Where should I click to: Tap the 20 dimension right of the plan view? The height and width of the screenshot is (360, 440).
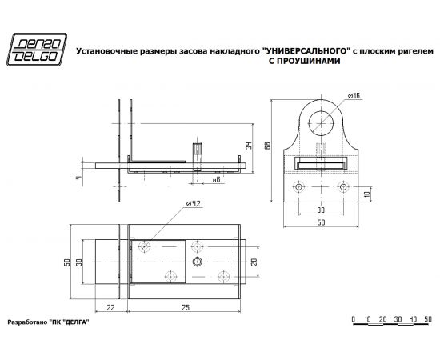pyautogui.click(x=254, y=262)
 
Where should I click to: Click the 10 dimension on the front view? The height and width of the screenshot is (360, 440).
pyautogui.click(x=367, y=193)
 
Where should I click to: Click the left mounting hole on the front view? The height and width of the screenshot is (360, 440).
pyautogui.click(x=299, y=187)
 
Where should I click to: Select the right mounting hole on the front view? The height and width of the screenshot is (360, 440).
pyautogui.click(x=342, y=187)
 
